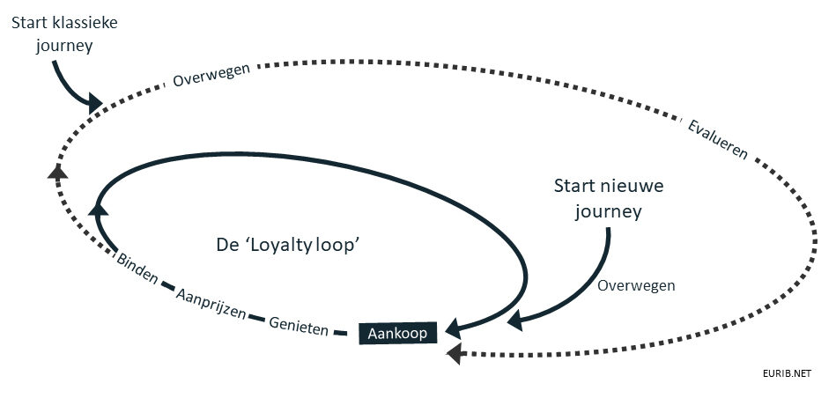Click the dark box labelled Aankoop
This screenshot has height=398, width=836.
click(x=398, y=333)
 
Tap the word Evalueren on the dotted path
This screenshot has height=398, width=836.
click(x=718, y=139)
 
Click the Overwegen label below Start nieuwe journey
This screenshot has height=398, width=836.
click(x=636, y=285)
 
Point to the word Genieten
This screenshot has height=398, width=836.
click(x=299, y=326)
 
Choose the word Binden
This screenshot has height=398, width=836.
click(x=137, y=269)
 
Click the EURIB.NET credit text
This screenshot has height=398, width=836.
click(x=787, y=373)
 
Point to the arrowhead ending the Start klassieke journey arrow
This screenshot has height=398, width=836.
click(x=94, y=103)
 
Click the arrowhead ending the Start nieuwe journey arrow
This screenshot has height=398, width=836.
click(x=514, y=321)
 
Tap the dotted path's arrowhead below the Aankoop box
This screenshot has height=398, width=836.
click(x=454, y=354)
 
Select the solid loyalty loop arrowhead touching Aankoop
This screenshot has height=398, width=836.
click(x=453, y=328)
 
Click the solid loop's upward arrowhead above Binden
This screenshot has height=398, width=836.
click(x=98, y=208)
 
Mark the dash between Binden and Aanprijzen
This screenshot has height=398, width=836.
click(x=167, y=285)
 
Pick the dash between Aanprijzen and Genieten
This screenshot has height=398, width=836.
click(x=257, y=318)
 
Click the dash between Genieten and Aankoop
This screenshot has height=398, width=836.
click(x=340, y=334)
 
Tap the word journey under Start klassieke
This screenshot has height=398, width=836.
click(x=64, y=47)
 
